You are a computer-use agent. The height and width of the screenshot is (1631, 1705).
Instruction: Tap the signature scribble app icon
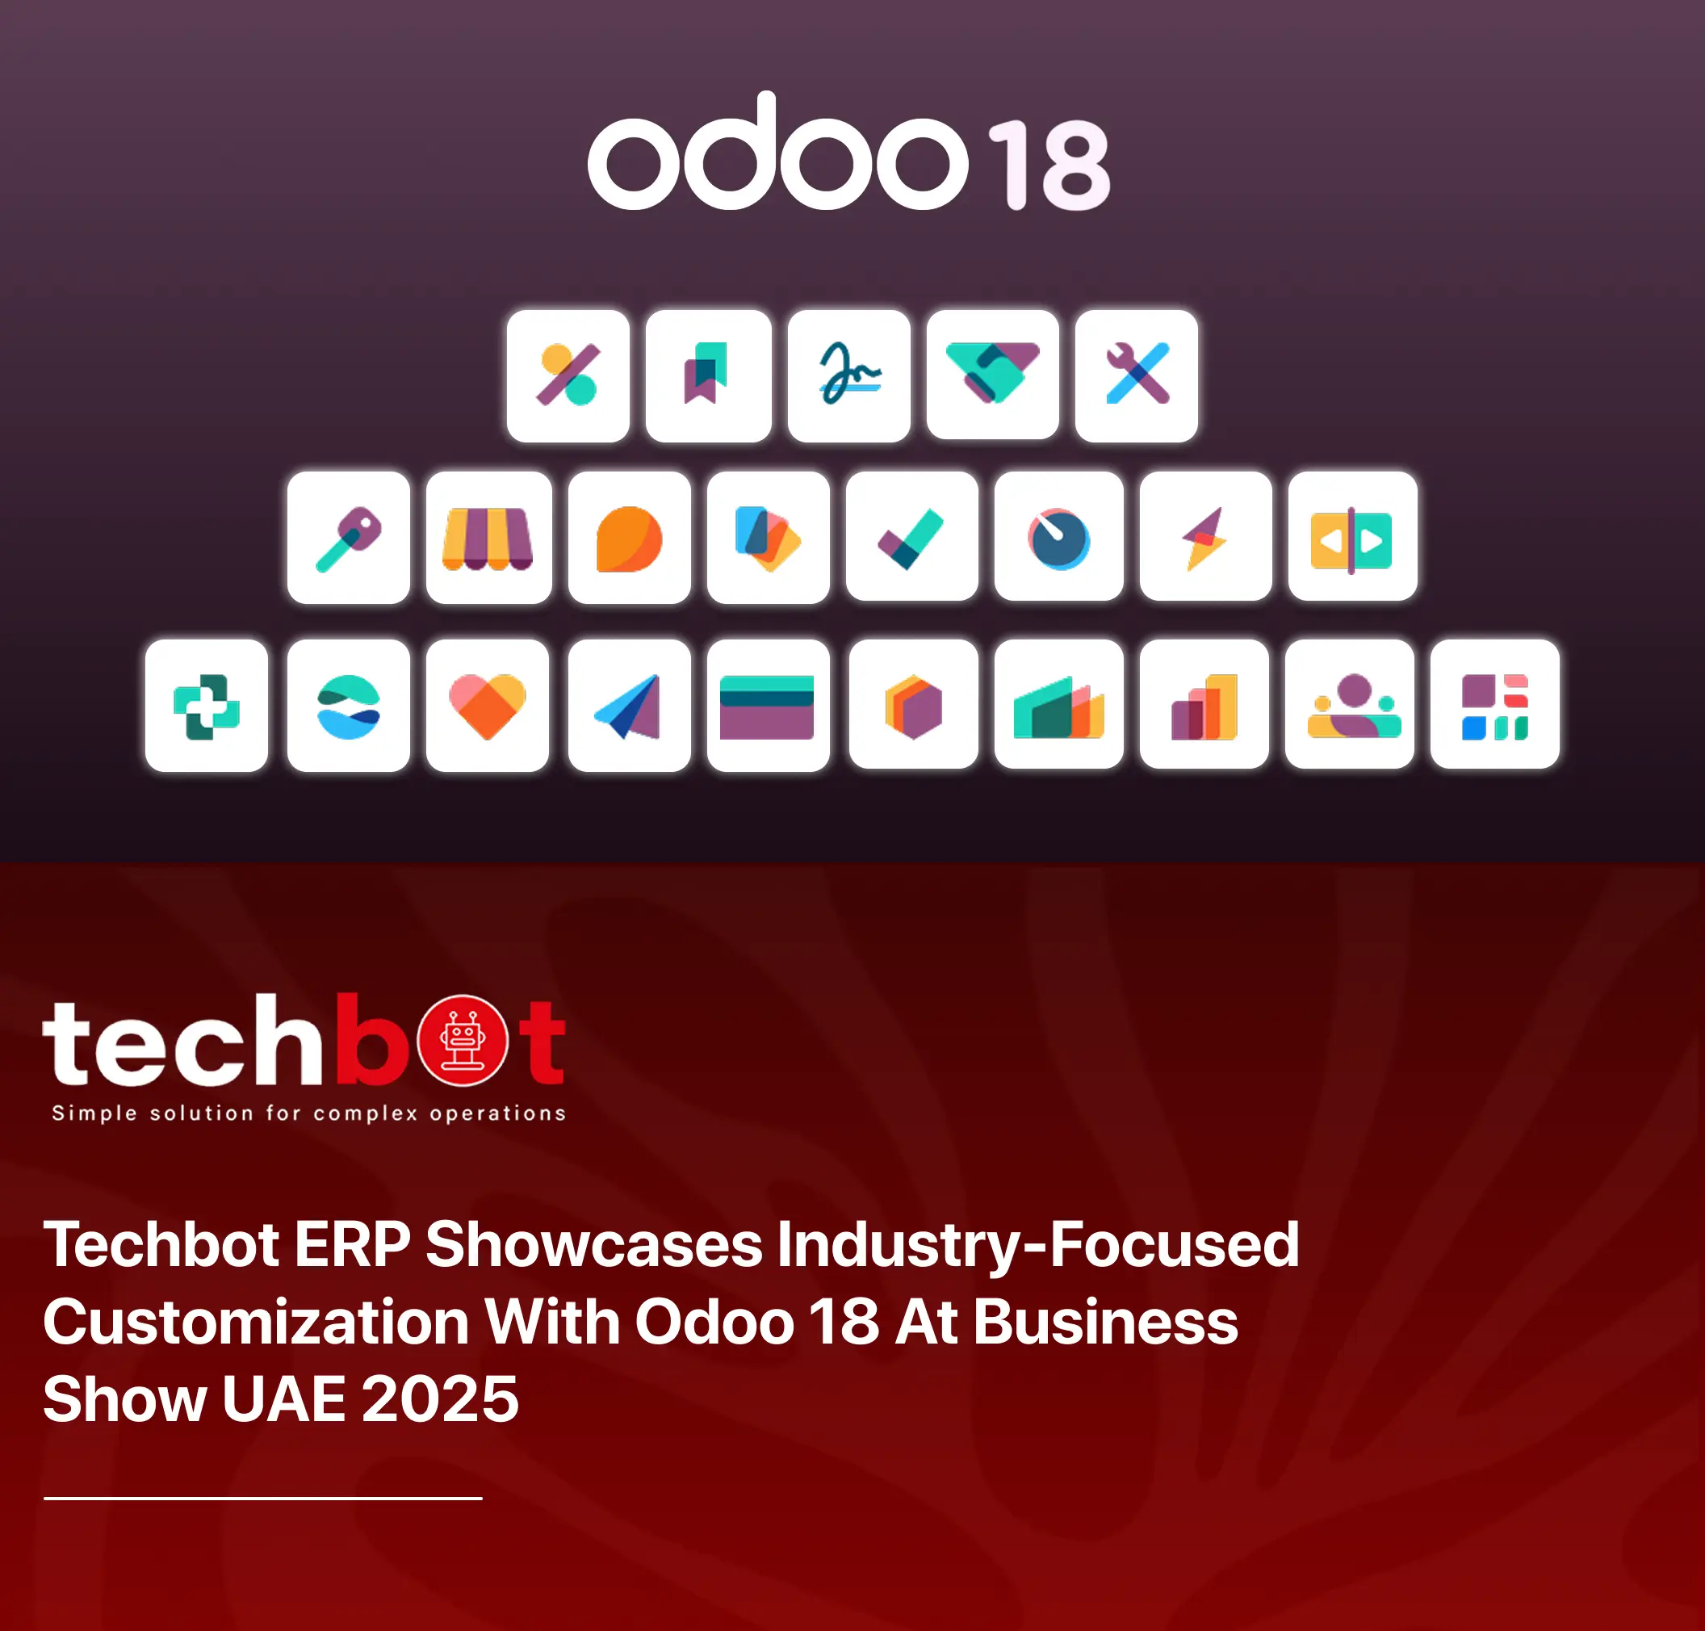pyautogui.click(x=849, y=375)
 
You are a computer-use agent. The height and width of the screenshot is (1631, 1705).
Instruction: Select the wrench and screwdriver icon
pyautogui.click(x=1137, y=375)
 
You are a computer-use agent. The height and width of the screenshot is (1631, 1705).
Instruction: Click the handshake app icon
pyautogui.click(x=993, y=374)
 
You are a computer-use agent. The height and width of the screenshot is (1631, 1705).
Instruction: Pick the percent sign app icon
pyautogui.click(x=568, y=375)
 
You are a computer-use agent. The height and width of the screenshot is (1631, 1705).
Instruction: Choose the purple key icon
pyautogui.click(x=349, y=537)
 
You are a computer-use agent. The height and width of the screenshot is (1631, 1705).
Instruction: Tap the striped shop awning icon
pyautogui.click(x=488, y=537)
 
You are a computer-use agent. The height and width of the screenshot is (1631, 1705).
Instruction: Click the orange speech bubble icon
pyautogui.click(x=630, y=537)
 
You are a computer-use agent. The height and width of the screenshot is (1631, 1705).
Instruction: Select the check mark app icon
pyautogui.click(x=912, y=535)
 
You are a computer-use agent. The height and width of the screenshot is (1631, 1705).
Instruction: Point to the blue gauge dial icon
pyautogui.click(x=1059, y=535)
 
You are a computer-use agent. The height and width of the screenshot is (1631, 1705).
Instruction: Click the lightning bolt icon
pyautogui.click(x=1206, y=535)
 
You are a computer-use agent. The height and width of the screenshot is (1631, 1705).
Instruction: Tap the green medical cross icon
pyautogui.click(x=207, y=705)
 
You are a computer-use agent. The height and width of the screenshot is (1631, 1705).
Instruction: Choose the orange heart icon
pyautogui.click(x=488, y=705)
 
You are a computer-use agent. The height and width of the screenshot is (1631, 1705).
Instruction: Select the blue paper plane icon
pyautogui.click(x=630, y=705)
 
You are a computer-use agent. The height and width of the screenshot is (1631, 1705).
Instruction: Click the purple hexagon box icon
pyautogui.click(x=914, y=704)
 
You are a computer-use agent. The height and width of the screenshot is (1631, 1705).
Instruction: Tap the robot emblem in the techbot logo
pyautogui.click(x=463, y=1040)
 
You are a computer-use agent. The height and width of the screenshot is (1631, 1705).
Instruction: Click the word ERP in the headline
pyautogui.click(x=352, y=1244)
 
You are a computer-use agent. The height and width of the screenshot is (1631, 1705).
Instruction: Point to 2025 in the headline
pyautogui.click(x=440, y=1399)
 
